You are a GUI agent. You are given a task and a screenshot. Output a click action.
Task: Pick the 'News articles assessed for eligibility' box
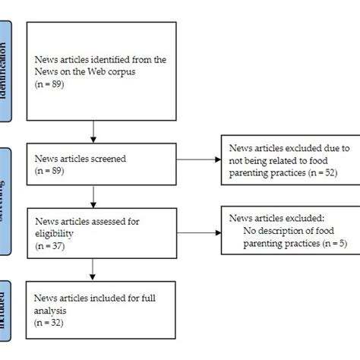(x=93, y=227)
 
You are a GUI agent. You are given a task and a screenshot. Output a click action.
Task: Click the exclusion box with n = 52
(x=285, y=161)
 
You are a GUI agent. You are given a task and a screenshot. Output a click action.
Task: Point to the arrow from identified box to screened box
(x=93, y=130)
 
